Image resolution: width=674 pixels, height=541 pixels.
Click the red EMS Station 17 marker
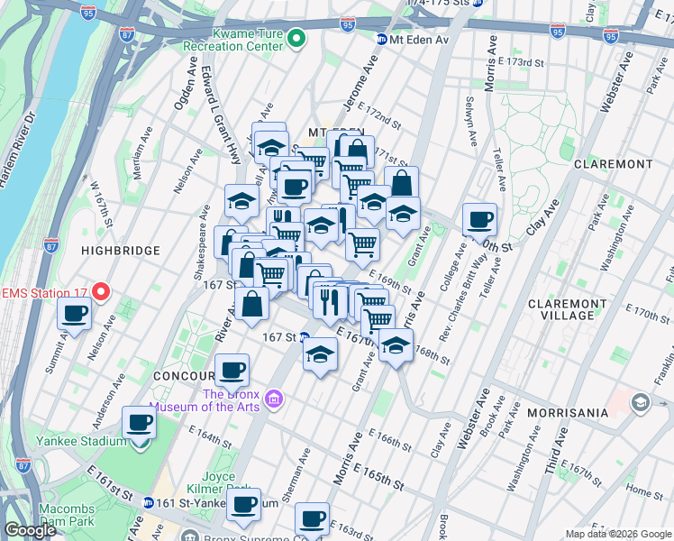point(101,291)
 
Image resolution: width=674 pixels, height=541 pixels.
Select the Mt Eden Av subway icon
point(382,40)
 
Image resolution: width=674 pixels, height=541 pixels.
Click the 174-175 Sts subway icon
point(478,4)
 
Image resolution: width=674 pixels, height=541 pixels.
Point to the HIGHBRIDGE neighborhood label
point(120,250)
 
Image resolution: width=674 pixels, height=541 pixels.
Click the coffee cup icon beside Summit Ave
point(74,312)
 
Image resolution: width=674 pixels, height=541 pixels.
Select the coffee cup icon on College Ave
point(479,217)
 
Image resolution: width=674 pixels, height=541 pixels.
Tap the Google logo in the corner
point(31,530)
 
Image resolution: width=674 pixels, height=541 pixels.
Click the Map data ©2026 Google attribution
point(616,534)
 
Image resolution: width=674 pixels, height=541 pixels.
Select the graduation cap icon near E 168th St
point(395,344)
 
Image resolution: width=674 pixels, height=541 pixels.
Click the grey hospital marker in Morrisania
point(641,400)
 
